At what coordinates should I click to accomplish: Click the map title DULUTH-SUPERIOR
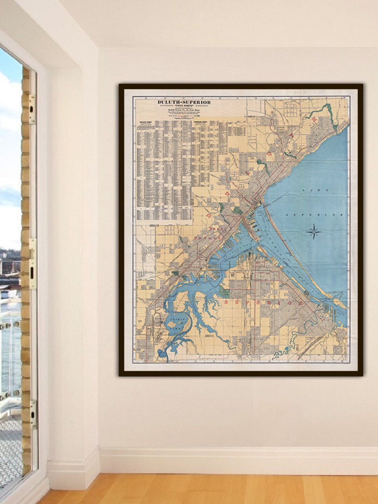coord(184,102)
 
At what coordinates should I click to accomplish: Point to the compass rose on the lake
coord(315,232)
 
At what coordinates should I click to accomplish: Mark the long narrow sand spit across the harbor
coord(297,256)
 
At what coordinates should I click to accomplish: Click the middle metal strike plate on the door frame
coord(33,263)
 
